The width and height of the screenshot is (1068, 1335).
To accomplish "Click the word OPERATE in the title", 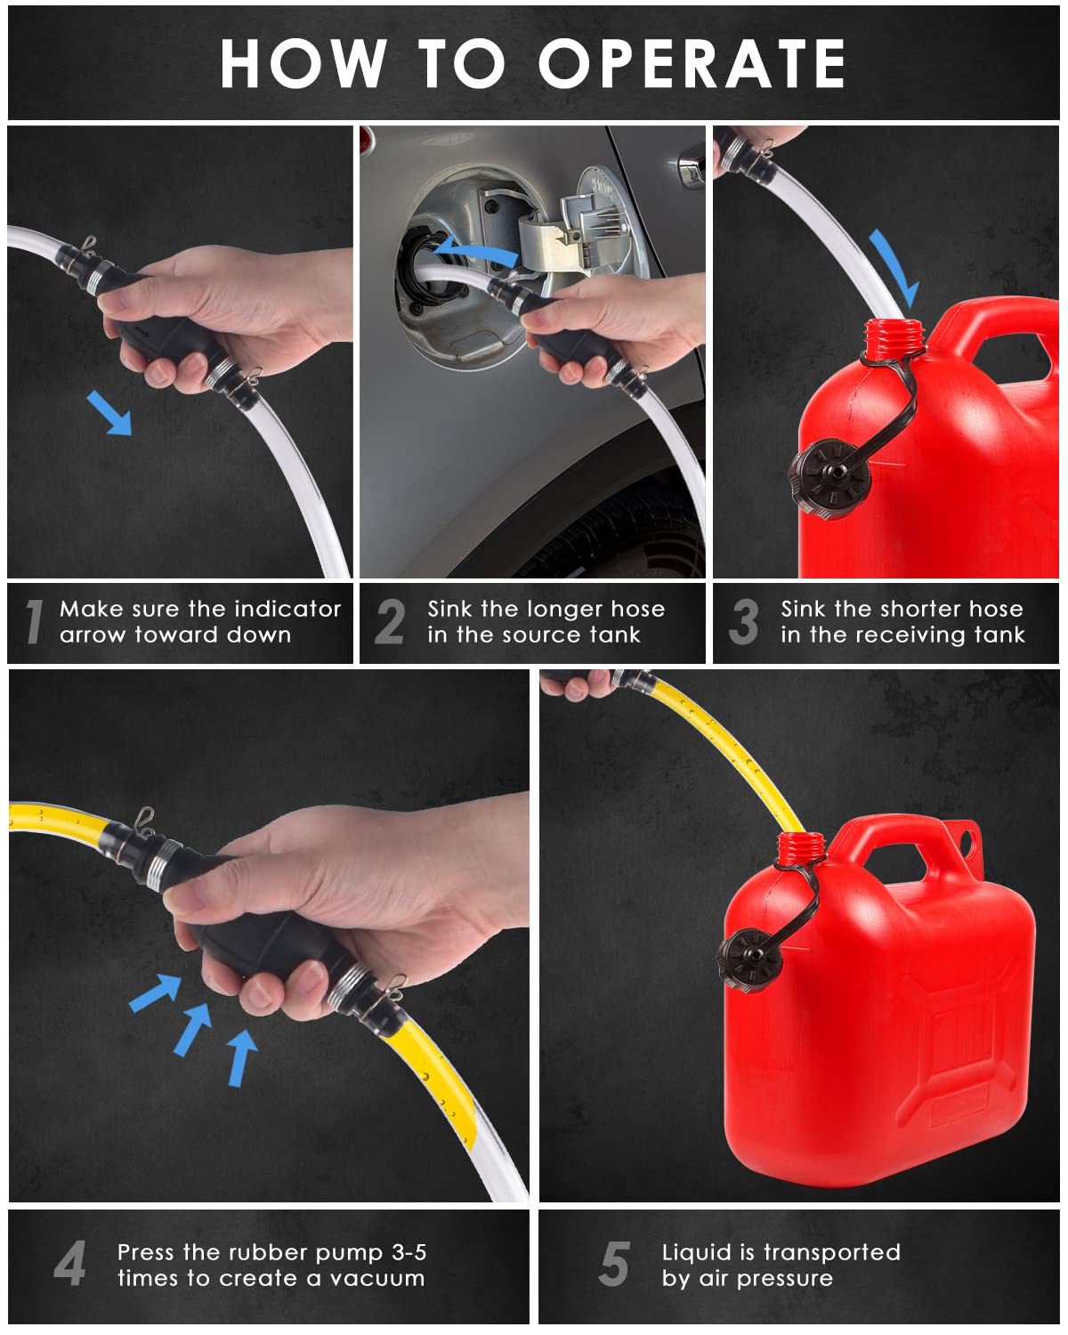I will tap(692, 64).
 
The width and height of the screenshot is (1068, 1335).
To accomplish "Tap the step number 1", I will tap(34, 621).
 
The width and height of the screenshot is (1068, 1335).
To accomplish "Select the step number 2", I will tap(390, 621).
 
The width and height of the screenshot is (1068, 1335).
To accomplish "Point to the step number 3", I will tap(744, 621).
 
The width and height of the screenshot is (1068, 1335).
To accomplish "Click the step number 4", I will tap(69, 1264).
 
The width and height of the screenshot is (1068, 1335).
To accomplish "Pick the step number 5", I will tap(614, 1264).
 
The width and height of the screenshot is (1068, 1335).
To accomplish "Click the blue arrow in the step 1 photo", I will tap(109, 414).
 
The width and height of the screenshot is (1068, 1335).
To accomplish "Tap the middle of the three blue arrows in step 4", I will tap(193, 1027).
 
